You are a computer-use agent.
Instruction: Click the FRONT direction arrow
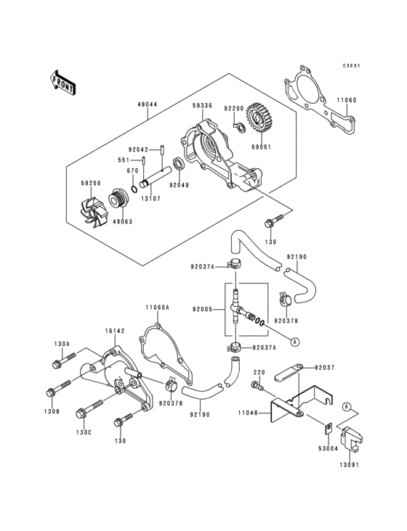pos(64,81)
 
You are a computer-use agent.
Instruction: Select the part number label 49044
pos(147,104)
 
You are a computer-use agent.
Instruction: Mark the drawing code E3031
pos(352,65)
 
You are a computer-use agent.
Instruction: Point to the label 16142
pos(115,330)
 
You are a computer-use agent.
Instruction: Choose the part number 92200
pos(233,108)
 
